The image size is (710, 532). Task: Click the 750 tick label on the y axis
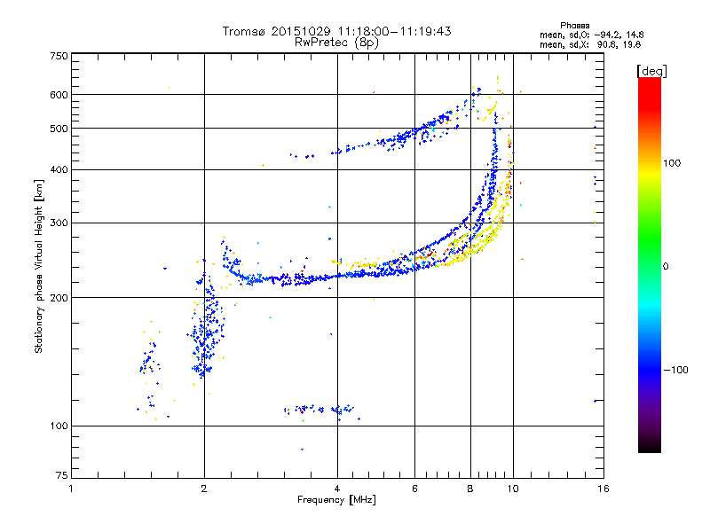pyautogui.click(x=59, y=56)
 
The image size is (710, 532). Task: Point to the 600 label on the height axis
pyautogui.click(x=59, y=95)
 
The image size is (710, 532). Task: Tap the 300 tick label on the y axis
pyautogui.click(x=59, y=223)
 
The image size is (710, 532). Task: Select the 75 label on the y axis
pyautogui.click(x=62, y=475)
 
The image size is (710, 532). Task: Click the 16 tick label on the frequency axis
pyautogui.click(x=603, y=489)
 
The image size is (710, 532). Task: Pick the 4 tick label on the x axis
pyautogui.click(x=337, y=489)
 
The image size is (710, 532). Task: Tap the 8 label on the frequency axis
pyautogui.click(x=470, y=489)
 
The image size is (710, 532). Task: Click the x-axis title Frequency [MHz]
pyautogui.click(x=337, y=500)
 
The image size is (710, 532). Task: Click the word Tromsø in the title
pyautogui.click(x=244, y=31)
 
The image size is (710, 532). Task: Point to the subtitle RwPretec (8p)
pyautogui.click(x=336, y=43)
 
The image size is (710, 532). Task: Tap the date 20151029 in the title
pyautogui.click(x=301, y=31)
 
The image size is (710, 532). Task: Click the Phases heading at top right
pyautogui.click(x=574, y=26)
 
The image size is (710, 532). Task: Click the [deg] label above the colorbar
pyautogui.click(x=651, y=72)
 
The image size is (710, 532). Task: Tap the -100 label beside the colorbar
pyautogui.click(x=675, y=370)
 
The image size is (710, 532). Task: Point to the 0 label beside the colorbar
pyautogui.click(x=666, y=267)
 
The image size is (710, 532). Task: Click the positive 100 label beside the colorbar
pyautogui.click(x=672, y=163)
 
